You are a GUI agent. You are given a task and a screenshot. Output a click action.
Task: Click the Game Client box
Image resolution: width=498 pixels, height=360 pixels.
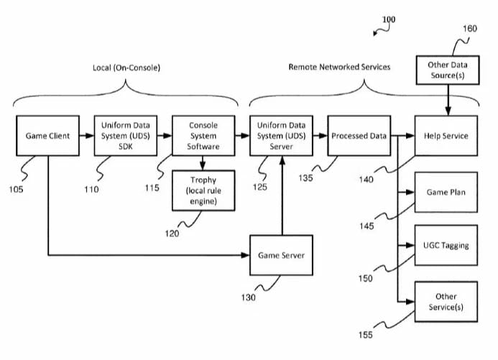[47, 135]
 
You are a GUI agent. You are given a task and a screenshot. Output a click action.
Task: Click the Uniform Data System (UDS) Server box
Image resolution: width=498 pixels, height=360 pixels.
[281, 135]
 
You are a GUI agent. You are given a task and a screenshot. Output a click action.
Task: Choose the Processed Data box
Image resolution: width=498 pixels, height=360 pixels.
[359, 135]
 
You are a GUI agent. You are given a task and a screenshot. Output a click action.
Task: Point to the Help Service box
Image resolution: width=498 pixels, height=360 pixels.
[446, 135]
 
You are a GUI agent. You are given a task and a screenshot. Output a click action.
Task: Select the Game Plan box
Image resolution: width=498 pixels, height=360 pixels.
[446, 193]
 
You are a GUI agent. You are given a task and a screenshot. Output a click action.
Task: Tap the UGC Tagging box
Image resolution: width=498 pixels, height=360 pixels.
[446, 245]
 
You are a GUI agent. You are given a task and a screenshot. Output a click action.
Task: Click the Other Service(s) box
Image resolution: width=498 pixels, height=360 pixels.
[446, 301]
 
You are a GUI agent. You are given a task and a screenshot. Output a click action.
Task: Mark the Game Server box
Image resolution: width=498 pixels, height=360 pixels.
[281, 255]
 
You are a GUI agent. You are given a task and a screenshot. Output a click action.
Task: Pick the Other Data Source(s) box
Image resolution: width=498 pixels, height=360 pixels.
[448, 70]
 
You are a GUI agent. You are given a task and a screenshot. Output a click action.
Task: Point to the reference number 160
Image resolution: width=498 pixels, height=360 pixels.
[469, 29]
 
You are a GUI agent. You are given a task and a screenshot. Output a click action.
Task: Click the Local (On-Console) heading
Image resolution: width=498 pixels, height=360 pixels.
[126, 68]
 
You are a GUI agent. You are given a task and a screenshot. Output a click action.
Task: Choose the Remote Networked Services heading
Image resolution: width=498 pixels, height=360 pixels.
[339, 67]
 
